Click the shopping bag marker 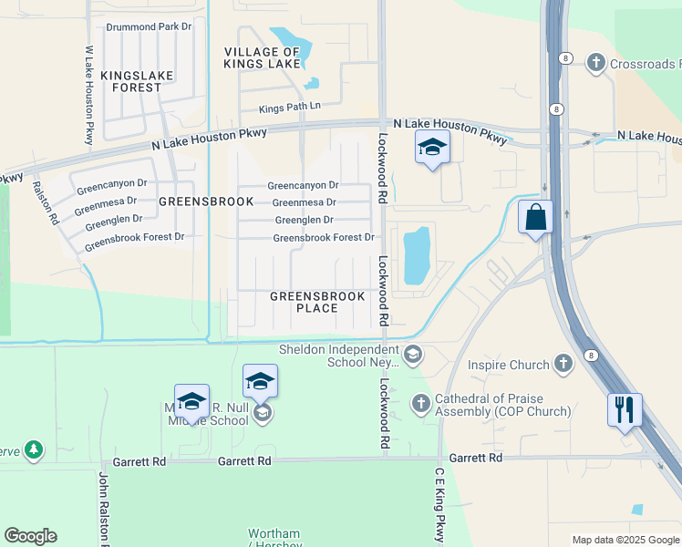point(535,218)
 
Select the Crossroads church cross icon point(596,63)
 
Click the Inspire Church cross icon point(563,365)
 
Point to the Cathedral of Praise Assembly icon point(420,402)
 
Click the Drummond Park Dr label point(149,26)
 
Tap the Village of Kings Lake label point(263,57)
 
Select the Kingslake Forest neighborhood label point(130,81)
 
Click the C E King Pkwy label point(439,505)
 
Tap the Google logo point(30,536)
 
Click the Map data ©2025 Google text point(626,540)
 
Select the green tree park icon point(34,449)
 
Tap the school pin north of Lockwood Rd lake point(432,148)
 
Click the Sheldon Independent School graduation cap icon point(413,355)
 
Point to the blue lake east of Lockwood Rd point(417,254)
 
